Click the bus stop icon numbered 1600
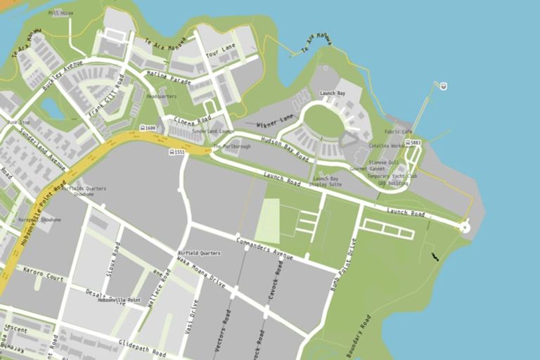pyautogui.click(x=143, y=128)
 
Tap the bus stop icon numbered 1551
pyautogui.click(x=172, y=151)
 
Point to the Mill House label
pyautogui.click(x=61, y=13)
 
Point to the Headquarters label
pyautogui.click(x=162, y=96)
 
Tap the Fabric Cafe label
pyautogui.click(x=397, y=131)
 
